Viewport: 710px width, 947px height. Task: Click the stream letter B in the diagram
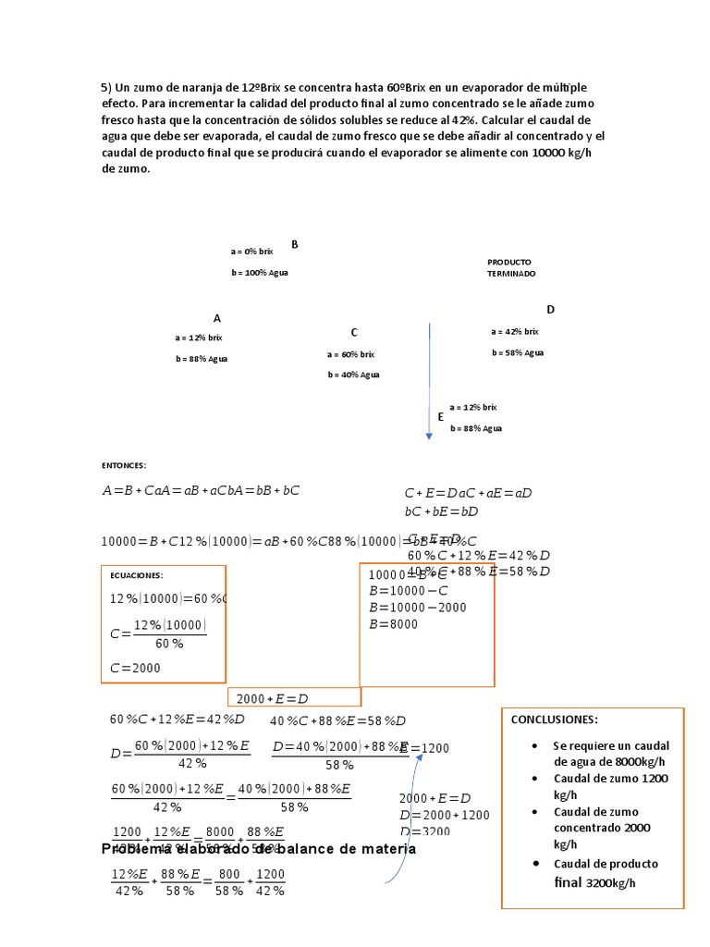click(x=295, y=244)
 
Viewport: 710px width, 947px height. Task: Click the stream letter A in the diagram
click(x=217, y=317)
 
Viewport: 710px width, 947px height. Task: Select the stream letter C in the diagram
click(x=353, y=332)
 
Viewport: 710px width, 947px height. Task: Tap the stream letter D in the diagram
click(x=550, y=309)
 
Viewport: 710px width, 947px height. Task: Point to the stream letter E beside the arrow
click(x=441, y=417)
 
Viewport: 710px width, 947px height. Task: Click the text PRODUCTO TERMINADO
click(x=511, y=268)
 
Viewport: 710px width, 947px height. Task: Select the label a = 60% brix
click(x=350, y=354)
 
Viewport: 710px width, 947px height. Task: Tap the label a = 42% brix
click(x=514, y=331)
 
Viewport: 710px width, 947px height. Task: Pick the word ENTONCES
click(x=124, y=465)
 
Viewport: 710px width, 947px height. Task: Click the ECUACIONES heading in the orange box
click(x=137, y=574)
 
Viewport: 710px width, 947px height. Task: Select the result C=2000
click(x=135, y=668)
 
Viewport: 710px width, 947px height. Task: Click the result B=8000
click(x=393, y=624)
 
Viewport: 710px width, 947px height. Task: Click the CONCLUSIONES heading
click(x=555, y=719)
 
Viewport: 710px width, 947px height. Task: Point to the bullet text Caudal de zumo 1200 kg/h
click(x=610, y=786)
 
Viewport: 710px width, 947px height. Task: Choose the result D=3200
click(x=424, y=830)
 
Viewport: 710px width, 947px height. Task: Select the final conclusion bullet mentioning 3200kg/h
click(x=606, y=873)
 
